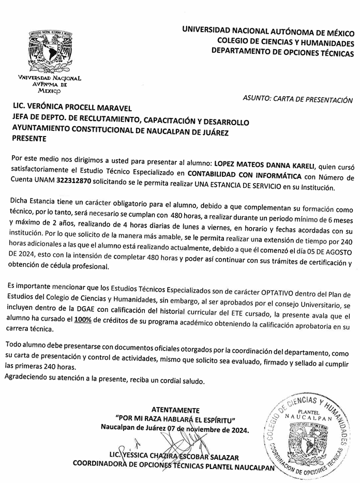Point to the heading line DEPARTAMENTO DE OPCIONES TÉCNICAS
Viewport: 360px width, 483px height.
coord(282,51)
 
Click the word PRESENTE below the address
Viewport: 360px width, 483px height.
coord(29,138)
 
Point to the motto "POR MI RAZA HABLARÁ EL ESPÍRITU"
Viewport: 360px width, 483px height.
coord(176,419)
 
